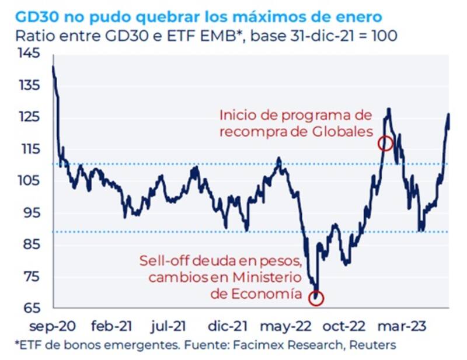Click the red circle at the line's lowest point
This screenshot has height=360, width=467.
click(316, 298)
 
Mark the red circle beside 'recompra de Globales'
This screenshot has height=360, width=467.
click(385, 143)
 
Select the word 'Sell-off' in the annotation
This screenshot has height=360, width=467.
click(160, 260)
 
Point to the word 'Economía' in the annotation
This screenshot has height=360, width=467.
click(266, 293)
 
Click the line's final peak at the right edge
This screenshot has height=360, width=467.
click(448, 114)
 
